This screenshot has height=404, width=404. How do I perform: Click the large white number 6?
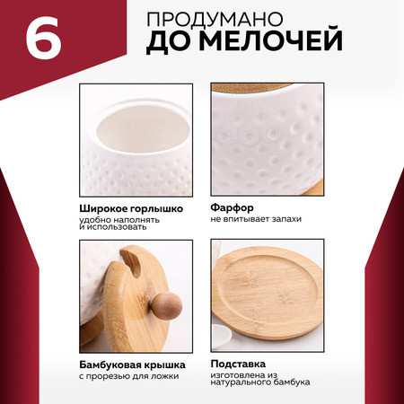coord(44,38)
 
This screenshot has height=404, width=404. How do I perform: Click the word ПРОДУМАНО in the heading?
coord(215,20)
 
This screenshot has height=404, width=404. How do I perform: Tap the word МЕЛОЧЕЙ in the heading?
coord(271,40)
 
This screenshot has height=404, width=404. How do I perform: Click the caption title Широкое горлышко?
coord(131,208)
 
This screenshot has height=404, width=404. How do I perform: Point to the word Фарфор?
coord(232,207)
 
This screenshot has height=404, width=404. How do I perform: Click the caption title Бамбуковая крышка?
coord(132,365)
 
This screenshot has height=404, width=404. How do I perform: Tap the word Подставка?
coord(238,364)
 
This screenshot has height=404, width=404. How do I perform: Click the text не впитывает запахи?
coord(256,219)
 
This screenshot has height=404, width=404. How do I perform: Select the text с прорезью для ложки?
coord(129,376)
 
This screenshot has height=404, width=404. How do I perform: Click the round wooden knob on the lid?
coord(167,306)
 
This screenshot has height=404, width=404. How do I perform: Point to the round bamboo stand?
coord(268,294)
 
